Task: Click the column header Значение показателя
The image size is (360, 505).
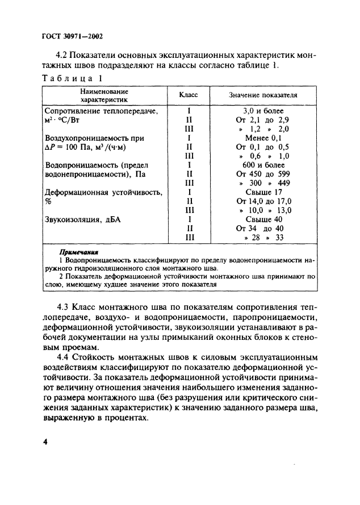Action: click(263, 95)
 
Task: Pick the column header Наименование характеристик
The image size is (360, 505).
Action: click(104, 95)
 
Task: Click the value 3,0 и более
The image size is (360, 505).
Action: click(263, 111)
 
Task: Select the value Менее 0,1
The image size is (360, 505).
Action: click(263, 138)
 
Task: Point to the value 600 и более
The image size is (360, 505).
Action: click(263, 165)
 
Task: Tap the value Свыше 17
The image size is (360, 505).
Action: click(263, 192)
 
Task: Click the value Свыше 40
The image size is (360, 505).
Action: click(263, 219)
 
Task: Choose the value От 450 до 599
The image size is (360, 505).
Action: click(263, 174)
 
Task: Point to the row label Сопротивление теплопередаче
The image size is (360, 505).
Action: click(104, 111)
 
